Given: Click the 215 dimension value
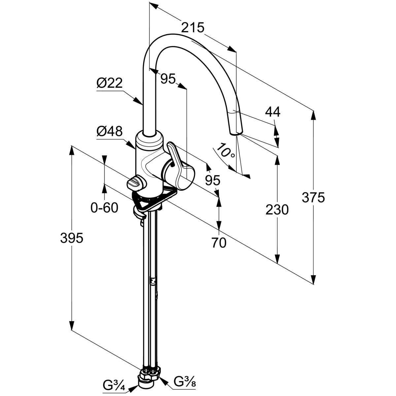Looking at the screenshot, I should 193,27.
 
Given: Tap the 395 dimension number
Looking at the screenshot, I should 71,238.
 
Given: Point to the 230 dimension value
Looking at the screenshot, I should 277,209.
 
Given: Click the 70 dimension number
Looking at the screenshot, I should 219,243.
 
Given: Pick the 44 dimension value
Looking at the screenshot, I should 273,112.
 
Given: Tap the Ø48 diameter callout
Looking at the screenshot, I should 110,131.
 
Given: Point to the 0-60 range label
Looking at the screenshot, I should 104,208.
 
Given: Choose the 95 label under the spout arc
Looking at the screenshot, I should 168,79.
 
